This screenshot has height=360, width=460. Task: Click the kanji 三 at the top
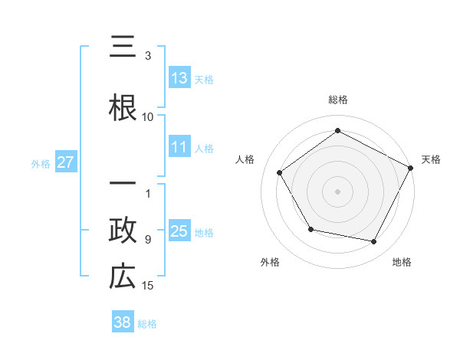[x=123, y=51]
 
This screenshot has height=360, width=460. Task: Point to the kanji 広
[x=123, y=276]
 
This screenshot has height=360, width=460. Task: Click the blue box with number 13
[x=179, y=77]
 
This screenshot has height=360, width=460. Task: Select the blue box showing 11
[x=179, y=147]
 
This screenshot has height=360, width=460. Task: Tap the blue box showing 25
[x=179, y=231]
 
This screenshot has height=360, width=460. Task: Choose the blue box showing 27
[x=65, y=162]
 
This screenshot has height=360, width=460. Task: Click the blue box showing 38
[x=123, y=322]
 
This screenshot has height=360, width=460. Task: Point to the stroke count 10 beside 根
[x=148, y=116]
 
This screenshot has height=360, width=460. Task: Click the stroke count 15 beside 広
[x=148, y=286]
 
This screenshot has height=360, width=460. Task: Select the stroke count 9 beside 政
[x=148, y=240]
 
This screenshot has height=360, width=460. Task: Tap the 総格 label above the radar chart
[x=337, y=100]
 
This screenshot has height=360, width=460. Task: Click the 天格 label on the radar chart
[x=431, y=159]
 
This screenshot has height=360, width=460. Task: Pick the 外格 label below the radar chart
[x=270, y=262]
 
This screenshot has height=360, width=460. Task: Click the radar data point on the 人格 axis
[x=280, y=172]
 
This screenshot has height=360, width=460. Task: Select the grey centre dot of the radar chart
[x=337, y=191]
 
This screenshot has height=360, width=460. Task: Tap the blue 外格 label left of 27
[x=41, y=163]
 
